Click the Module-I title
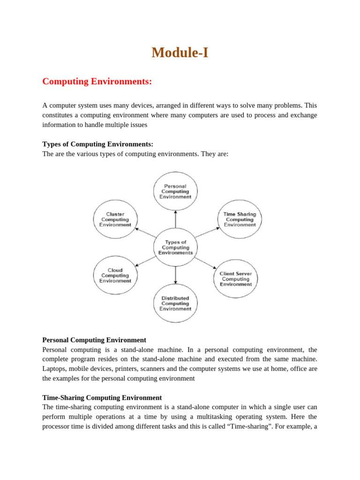(180, 53)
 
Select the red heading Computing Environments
(97, 82)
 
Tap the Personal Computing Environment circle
(175, 191)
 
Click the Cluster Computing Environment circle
(115, 219)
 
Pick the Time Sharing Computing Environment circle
(240, 219)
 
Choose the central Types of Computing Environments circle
(175, 247)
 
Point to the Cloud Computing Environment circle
(115, 275)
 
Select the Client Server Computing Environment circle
(236, 279)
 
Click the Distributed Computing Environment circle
(175, 303)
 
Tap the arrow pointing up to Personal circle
(175, 219)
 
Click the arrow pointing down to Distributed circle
(175, 275)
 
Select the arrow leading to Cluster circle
(146, 233)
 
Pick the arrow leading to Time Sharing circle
(207, 232)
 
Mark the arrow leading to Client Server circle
(205, 262)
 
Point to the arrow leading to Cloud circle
(146, 262)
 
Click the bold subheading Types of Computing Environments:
(97, 144)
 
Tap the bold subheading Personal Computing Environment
(94, 340)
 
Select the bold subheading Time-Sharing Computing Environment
(102, 397)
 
